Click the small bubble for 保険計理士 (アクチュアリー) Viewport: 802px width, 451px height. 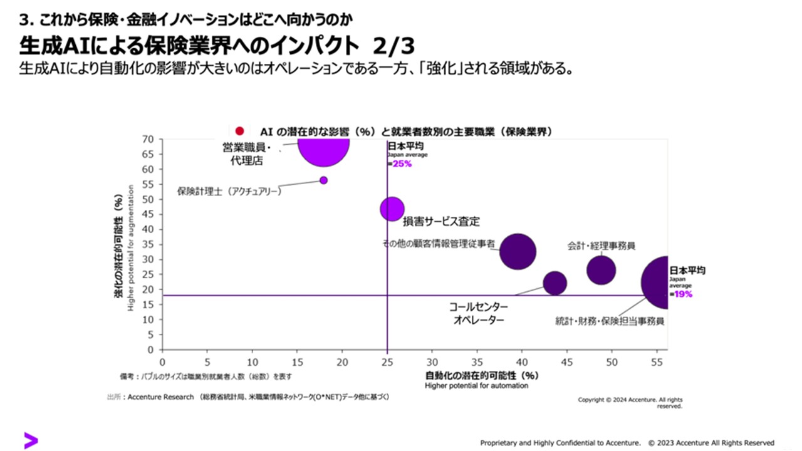click(323, 180)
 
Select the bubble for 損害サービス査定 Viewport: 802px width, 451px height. click(392, 209)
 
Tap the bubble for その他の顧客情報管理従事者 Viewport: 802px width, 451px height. click(518, 252)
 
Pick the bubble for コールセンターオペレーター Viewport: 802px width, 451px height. click(555, 283)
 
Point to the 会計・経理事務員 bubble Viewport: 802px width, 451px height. click(601, 270)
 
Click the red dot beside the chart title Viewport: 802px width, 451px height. click(239, 131)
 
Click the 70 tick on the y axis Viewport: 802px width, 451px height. click(148, 139)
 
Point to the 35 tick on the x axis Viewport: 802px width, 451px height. click(477, 362)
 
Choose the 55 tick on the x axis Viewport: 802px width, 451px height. click(657, 362)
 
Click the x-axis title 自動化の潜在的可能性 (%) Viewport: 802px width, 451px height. click(482, 376)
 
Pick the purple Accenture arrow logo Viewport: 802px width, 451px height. click(31, 440)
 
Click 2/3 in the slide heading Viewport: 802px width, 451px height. click(393, 48)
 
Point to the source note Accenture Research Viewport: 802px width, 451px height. click(161, 397)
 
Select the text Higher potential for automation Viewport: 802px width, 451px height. click(476, 386)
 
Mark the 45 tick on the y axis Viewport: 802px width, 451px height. click(148, 214)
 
